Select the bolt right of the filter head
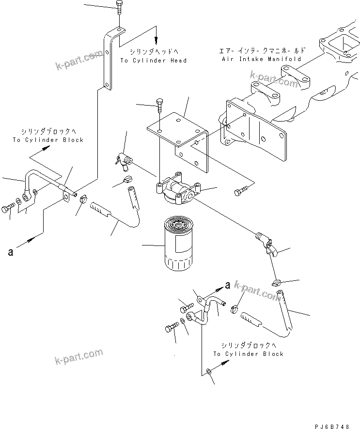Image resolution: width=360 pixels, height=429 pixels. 240,193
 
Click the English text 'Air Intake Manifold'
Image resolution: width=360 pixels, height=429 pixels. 261,59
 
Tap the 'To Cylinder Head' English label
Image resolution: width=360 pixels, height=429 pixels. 153,61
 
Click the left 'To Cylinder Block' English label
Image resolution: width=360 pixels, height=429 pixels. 48,140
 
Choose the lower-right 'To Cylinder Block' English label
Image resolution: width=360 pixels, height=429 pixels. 248,354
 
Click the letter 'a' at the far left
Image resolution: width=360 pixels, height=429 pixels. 10,252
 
